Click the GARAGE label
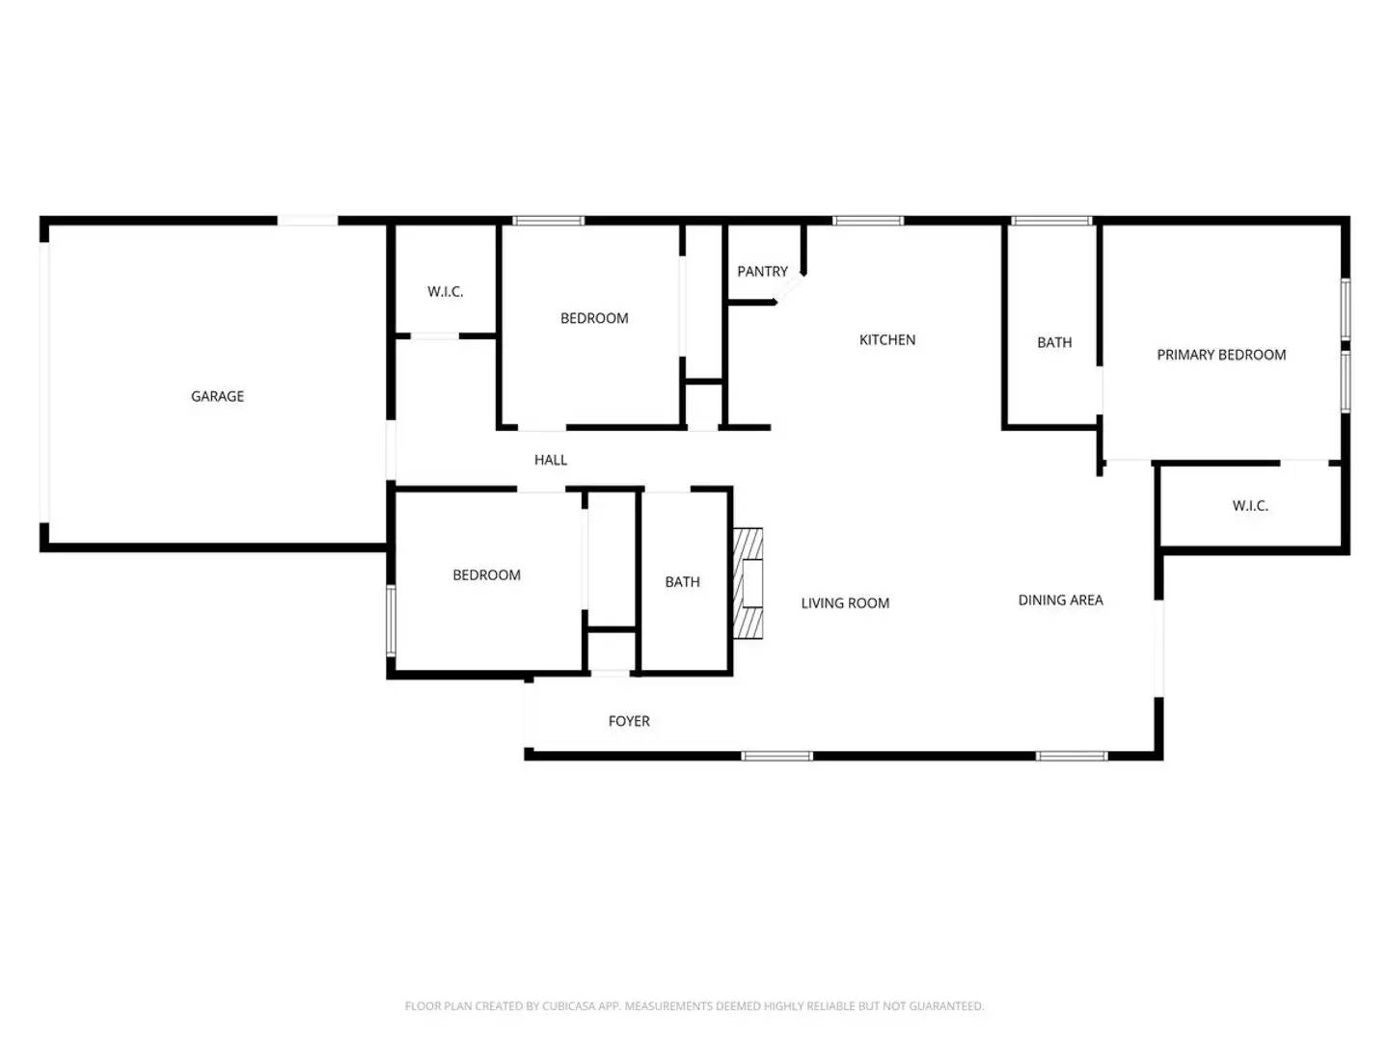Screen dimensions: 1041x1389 (217, 396)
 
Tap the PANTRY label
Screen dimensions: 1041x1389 (762, 272)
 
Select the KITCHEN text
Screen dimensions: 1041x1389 (887, 340)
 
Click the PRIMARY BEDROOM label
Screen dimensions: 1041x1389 (1221, 355)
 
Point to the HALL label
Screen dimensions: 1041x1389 (551, 460)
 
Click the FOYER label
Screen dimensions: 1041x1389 (629, 721)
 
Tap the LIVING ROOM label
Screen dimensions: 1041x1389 (845, 603)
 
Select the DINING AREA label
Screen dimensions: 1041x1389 (1060, 601)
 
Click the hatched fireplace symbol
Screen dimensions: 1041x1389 (749, 583)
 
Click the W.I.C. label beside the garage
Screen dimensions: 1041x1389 (446, 292)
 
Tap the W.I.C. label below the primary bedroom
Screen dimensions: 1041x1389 (1250, 506)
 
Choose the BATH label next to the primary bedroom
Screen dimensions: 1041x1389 (1054, 343)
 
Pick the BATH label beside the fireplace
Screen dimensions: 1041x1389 (682, 582)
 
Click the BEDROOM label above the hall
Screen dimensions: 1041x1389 (594, 318)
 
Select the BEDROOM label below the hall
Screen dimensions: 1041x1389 (486, 575)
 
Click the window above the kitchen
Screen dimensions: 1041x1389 (868, 222)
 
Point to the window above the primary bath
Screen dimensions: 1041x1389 (1050, 222)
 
